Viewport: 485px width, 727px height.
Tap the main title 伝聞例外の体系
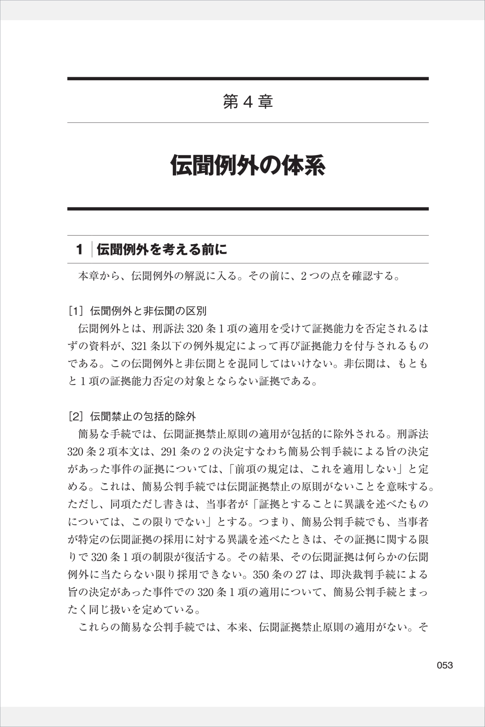[248, 165]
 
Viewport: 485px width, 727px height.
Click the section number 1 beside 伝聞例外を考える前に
[79, 250]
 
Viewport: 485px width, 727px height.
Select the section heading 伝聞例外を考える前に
[162, 250]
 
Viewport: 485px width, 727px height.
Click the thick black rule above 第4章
[248, 79]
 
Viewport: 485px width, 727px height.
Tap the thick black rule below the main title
[248, 209]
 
